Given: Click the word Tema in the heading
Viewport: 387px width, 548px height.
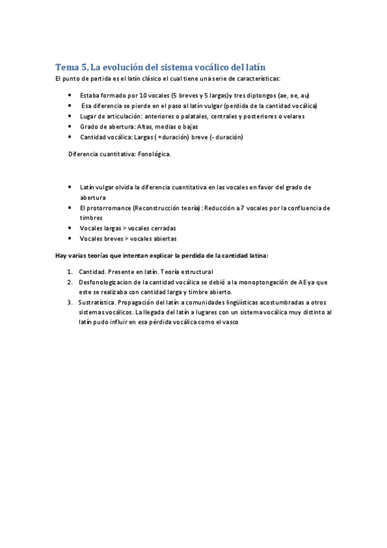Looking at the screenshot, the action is point(66,67).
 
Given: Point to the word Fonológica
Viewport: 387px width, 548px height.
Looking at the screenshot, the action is point(154,154).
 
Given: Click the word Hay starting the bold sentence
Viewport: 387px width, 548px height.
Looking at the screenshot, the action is point(61,255).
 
